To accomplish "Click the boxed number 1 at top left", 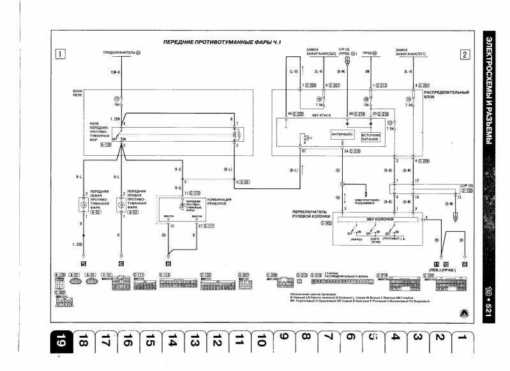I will (x=59, y=54).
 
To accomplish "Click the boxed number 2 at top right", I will (x=465, y=54).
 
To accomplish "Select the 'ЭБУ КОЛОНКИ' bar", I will (x=379, y=219).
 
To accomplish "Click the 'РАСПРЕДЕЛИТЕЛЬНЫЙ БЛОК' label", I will (x=437, y=95).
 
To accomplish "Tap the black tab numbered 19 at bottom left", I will (x=58, y=344).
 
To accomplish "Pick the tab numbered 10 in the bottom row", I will (x=260, y=343).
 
